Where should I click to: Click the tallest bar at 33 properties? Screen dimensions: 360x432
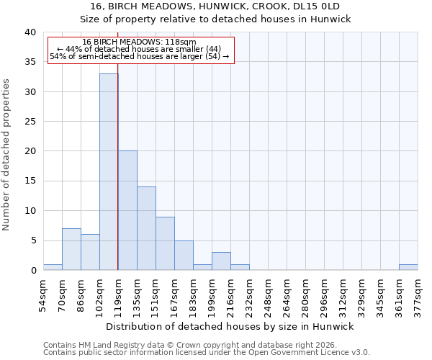click(109, 172)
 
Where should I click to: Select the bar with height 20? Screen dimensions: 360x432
click(127, 210)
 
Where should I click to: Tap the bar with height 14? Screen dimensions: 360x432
click(146, 228)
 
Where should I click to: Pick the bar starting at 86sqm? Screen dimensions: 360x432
click(90, 252)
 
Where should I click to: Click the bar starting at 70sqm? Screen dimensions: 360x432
click(71, 249)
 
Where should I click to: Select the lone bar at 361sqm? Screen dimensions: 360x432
click(408, 267)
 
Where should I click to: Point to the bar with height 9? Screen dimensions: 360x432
click(165, 243)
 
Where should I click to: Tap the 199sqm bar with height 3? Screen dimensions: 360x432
click(221, 261)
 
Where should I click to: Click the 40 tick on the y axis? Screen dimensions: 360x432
click(30, 32)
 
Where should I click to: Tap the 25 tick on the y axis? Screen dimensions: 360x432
click(30, 122)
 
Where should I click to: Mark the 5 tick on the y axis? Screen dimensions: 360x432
click(33, 240)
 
